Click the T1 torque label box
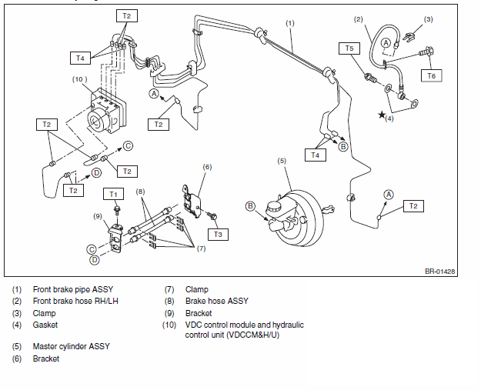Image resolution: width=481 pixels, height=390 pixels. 113,194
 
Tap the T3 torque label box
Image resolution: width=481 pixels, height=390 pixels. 218,235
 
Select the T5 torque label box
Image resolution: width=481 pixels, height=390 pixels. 349,48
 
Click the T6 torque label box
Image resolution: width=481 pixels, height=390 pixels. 431,75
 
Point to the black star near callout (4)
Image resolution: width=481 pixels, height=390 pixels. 382,115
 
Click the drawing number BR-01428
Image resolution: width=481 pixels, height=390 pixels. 439,272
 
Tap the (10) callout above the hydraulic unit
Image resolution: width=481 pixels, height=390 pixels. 79,79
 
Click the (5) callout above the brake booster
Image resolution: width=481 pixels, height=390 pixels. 282,161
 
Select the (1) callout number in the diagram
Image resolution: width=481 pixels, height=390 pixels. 290,23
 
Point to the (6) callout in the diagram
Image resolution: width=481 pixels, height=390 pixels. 207,167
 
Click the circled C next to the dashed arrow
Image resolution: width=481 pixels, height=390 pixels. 129,145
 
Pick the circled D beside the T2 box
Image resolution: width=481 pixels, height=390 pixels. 97,173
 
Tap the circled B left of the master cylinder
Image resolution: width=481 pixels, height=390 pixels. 251,206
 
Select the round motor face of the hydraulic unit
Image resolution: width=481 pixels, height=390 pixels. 96,122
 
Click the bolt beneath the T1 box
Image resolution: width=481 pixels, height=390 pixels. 116,211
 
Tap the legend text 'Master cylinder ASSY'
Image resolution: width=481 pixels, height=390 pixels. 71,346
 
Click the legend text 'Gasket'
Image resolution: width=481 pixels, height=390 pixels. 45,325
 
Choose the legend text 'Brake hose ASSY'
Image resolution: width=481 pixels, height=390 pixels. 216,301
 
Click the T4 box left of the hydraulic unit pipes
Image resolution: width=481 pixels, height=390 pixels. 80,58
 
